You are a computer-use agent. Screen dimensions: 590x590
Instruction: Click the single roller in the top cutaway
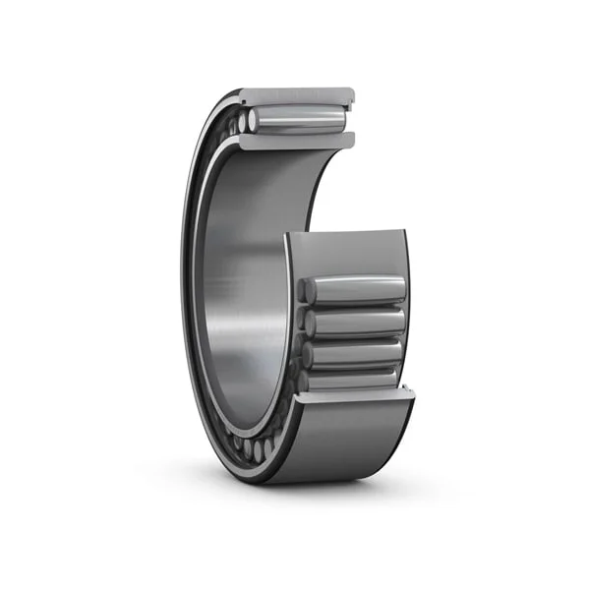(x=300, y=120)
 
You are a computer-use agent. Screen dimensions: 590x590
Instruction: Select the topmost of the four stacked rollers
(x=359, y=290)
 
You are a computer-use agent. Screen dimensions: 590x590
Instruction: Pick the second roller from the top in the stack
(x=359, y=322)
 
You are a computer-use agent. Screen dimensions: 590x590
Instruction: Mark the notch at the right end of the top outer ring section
(x=349, y=97)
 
